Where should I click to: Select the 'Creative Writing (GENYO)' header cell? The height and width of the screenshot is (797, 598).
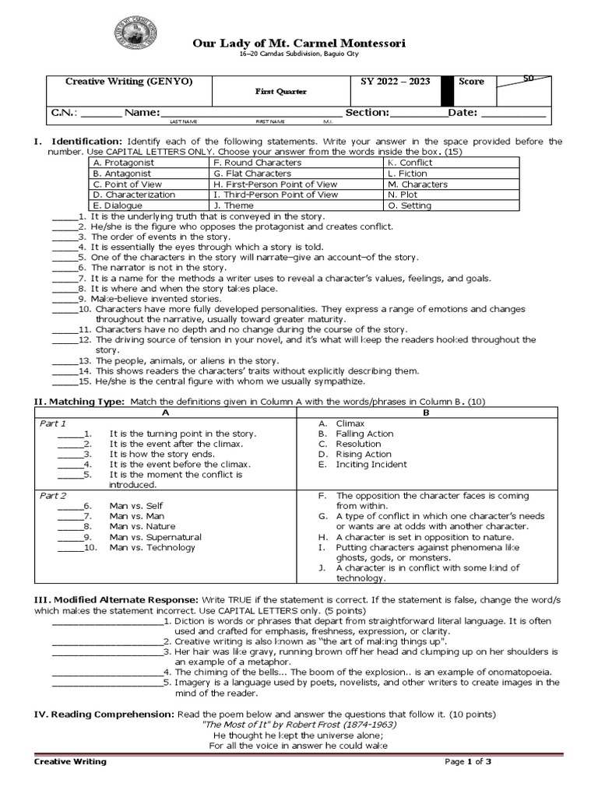click(x=128, y=82)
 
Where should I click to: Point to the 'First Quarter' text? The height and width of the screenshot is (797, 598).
click(x=281, y=92)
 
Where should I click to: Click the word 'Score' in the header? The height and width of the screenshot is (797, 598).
click(x=471, y=82)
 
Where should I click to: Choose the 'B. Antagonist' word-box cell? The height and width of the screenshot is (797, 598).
click(x=124, y=174)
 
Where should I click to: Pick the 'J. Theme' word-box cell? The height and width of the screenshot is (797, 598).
click(x=233, y=205)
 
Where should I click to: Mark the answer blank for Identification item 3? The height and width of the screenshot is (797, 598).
click(x=65, y=237)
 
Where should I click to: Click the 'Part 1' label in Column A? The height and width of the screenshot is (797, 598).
click(x=53, y=423)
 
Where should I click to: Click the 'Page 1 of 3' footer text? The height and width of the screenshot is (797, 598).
click(x=468, y=761)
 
